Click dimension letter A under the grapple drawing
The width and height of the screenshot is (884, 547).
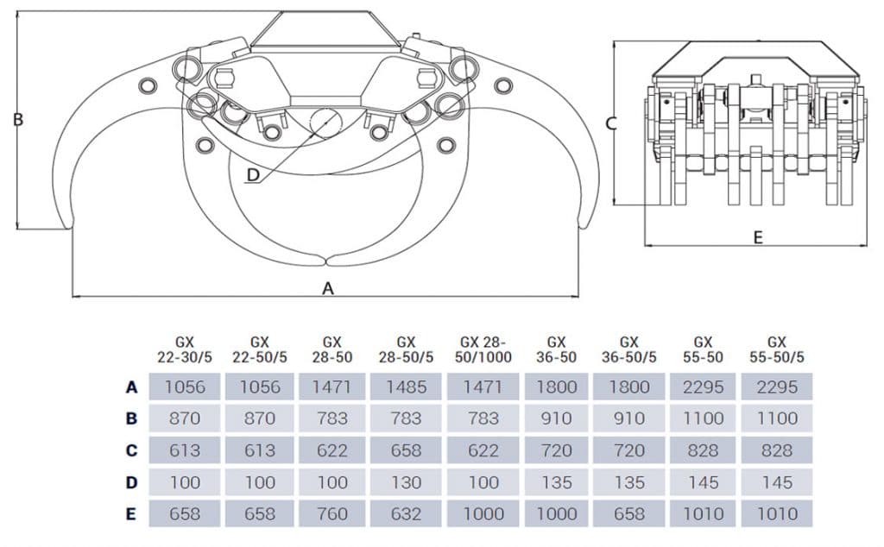point(328,289)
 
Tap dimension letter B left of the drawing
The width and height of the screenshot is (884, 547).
point(18,120)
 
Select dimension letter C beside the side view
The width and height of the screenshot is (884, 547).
point(610,123)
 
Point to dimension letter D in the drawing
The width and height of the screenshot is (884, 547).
point(252,175)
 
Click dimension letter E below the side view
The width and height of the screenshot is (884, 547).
point(758,237)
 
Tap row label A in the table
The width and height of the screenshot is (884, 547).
point(131,387)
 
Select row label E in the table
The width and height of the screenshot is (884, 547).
point(131,514)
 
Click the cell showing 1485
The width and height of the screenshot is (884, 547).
point(406,387)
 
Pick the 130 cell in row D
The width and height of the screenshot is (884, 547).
point(406,482)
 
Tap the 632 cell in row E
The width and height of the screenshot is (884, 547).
point(406,514)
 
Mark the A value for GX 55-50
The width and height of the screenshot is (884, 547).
point(703,387)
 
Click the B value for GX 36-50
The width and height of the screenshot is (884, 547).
point(556,418)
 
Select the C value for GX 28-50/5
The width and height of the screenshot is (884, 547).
point(406,450)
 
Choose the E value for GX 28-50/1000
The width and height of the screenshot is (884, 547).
point(483,514)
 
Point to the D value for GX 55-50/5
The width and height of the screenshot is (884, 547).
point(776,482)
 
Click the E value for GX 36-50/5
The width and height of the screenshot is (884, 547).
point(628,514)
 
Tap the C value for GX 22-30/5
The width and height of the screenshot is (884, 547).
point(185,450)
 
